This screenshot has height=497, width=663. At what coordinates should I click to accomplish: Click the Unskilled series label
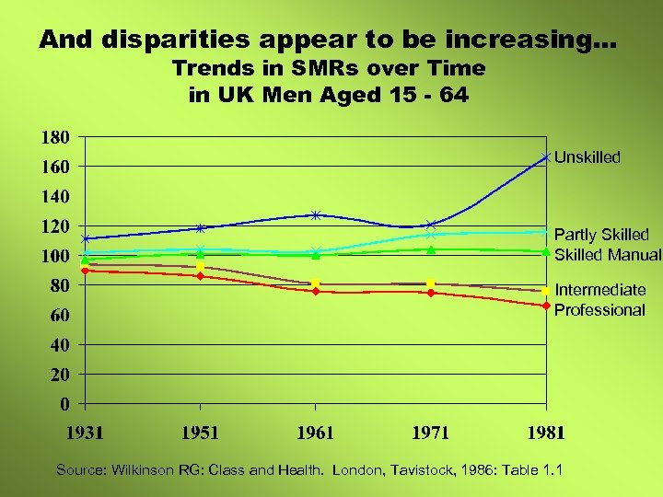click(x=587, y=157)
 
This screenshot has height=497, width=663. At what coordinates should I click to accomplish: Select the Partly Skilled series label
click(x=601, y=235)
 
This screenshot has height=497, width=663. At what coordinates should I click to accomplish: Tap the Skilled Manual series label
click(x=607, y=255)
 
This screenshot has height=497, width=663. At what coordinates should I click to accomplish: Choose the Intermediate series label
click(x=599, y=290)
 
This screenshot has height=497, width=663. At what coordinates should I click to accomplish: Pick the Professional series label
click(x=599, y=310)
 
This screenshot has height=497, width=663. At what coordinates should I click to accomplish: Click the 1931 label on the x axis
click(x=85, y=433)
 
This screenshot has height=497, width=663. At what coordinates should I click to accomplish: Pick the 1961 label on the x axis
click(x=315, y=433)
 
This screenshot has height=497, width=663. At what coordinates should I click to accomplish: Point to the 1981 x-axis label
click(x=546, y=433)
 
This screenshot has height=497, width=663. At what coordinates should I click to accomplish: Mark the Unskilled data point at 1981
click(x=546, y=157)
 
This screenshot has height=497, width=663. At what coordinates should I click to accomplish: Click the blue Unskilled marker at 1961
click(x=315, y=215)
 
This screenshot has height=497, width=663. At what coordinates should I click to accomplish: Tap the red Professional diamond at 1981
click(x=546, y=306)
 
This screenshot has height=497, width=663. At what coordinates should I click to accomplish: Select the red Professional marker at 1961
click(x=315, y=291)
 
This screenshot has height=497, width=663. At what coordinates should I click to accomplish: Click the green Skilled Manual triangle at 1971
click(x=431, y=249)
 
